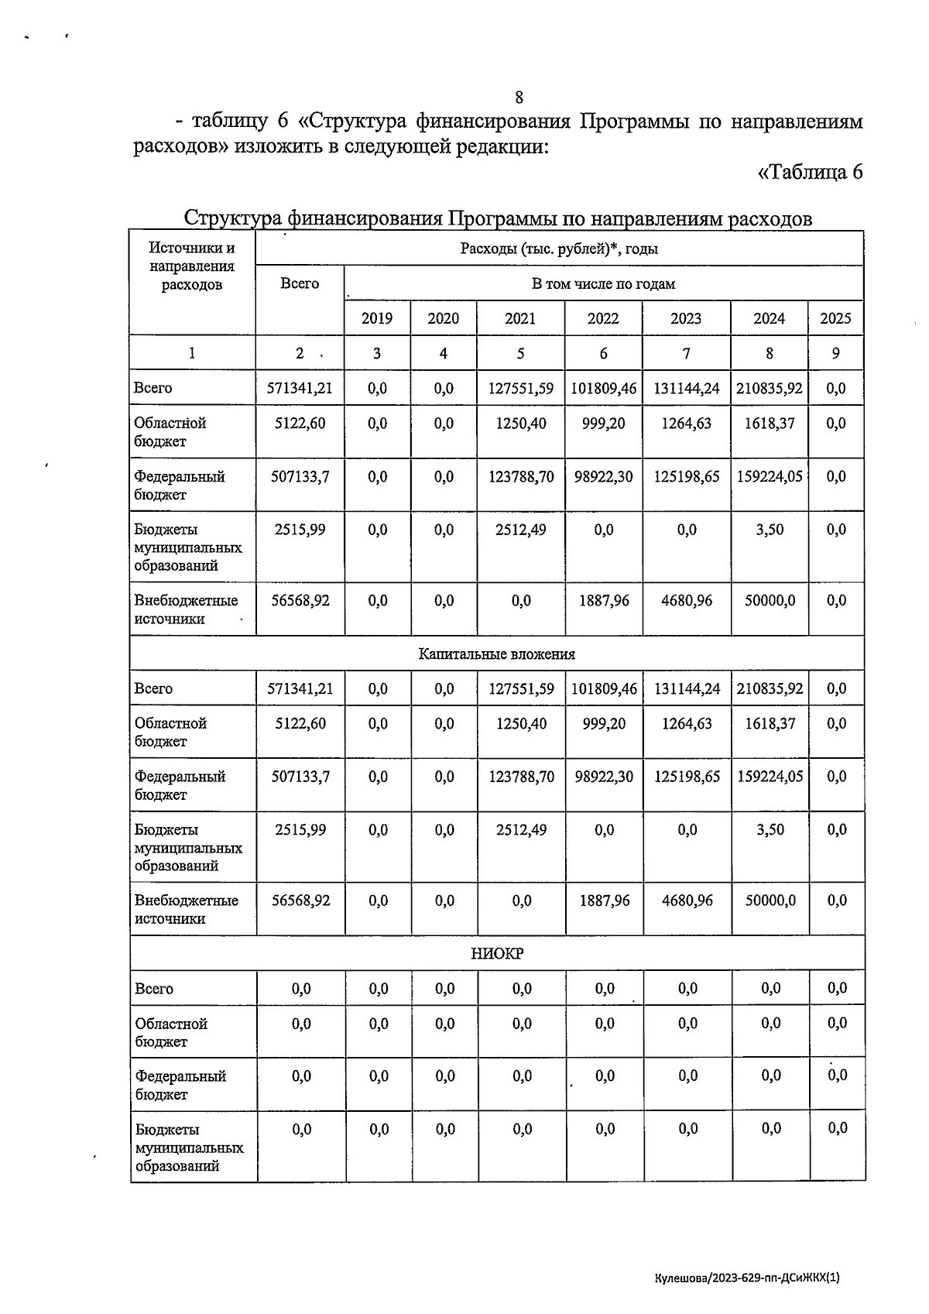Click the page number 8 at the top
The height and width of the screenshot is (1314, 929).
click(x=519, y=98)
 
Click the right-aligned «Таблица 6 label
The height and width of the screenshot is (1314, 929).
click(x=810, y=172)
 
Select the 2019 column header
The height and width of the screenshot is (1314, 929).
click(x=377, y=318)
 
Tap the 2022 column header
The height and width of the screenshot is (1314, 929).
click(x=603, y=318)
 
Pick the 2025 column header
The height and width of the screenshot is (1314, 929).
click(x=835, y=318)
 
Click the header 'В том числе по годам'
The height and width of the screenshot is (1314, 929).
click(x=603, y=283)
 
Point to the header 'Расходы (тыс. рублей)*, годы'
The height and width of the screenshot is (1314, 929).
click(x=559, y=249)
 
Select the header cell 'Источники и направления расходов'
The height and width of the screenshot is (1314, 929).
click(x=192, y=266)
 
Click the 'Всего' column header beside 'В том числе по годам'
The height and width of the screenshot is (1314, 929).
click(x=300, y=283)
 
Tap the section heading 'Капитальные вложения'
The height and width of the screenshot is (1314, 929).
click(x=497, y=654)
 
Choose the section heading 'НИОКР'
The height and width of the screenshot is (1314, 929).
click(x=497, y=954)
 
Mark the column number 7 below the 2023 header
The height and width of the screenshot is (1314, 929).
click(x=686, y=354)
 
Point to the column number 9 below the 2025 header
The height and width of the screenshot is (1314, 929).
click(x=835, y=354)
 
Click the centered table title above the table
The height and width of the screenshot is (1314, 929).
click(x=498, y=219)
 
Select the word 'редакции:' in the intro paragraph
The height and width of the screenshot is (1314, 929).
click(x=500, y=147)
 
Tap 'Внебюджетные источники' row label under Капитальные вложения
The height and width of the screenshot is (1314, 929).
click(x=186, y=910)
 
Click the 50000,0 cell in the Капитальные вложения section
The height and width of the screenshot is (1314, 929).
click(x=770, y=901)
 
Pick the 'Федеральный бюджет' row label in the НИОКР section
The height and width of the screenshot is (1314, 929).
click(x=180, y=1085)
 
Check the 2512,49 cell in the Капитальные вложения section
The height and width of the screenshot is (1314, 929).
click(x=522, y=830)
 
